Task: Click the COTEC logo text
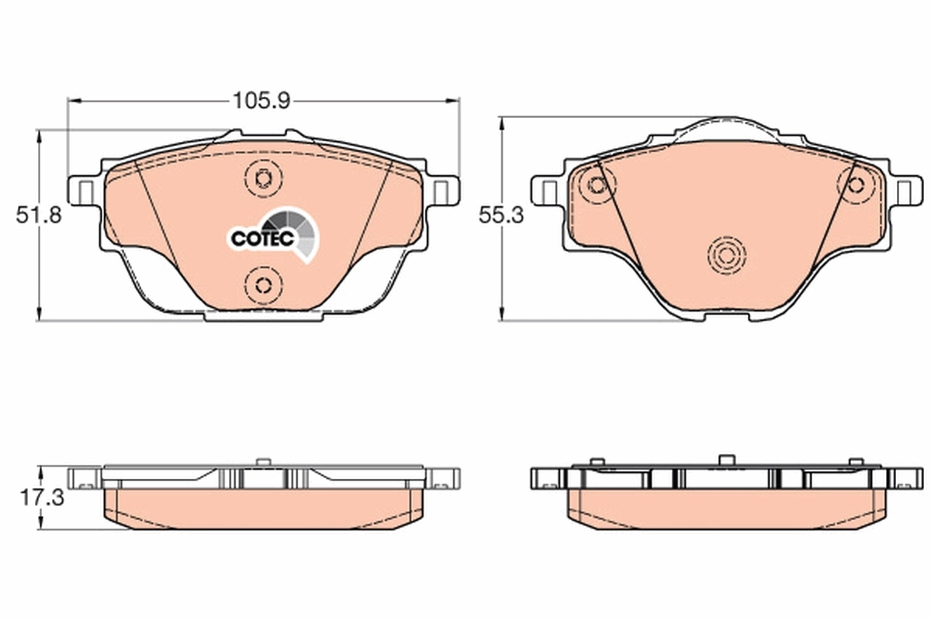coord(261,239)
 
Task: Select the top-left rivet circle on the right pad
coord(597,184)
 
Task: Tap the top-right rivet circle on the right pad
coord(856,184)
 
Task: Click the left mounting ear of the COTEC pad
coord(83,190)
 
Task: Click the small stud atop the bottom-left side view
coord(261,463)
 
